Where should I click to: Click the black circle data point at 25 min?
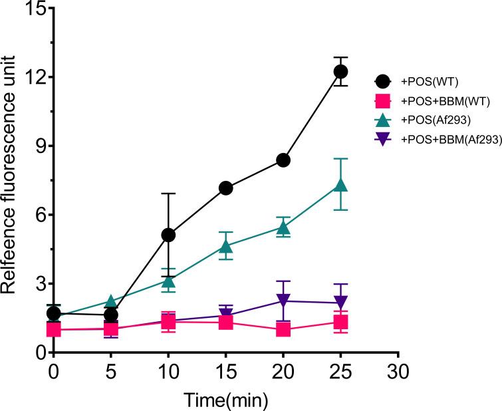pos(340,72)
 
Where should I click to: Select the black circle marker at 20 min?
pos(283,160)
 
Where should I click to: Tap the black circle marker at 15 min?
pos(226,188)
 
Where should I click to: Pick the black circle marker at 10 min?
pos(168,235)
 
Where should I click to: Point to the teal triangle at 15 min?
pos(226,247)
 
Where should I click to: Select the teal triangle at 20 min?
pos(283,227)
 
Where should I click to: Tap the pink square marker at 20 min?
pos(283,329)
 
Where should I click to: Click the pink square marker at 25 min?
pos(340,323)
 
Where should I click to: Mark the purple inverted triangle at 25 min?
pos(340,303)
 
